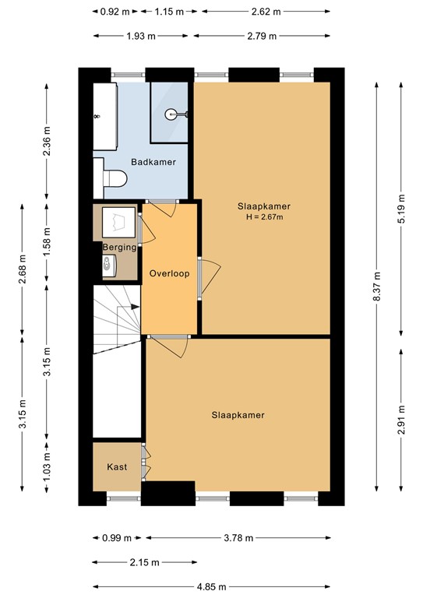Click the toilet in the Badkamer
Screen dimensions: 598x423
tap(115, 179)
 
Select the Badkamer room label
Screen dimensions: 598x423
tap(153, 162)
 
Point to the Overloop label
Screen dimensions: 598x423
tap(170, 273)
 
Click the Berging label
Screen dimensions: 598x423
tap(120, 247)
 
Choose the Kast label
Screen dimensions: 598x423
tap(117, 467)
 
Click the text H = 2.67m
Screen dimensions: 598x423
tap(265, 216)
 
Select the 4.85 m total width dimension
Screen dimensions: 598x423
tap(211, 586)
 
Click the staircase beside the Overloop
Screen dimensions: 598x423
tap(117, 319)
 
